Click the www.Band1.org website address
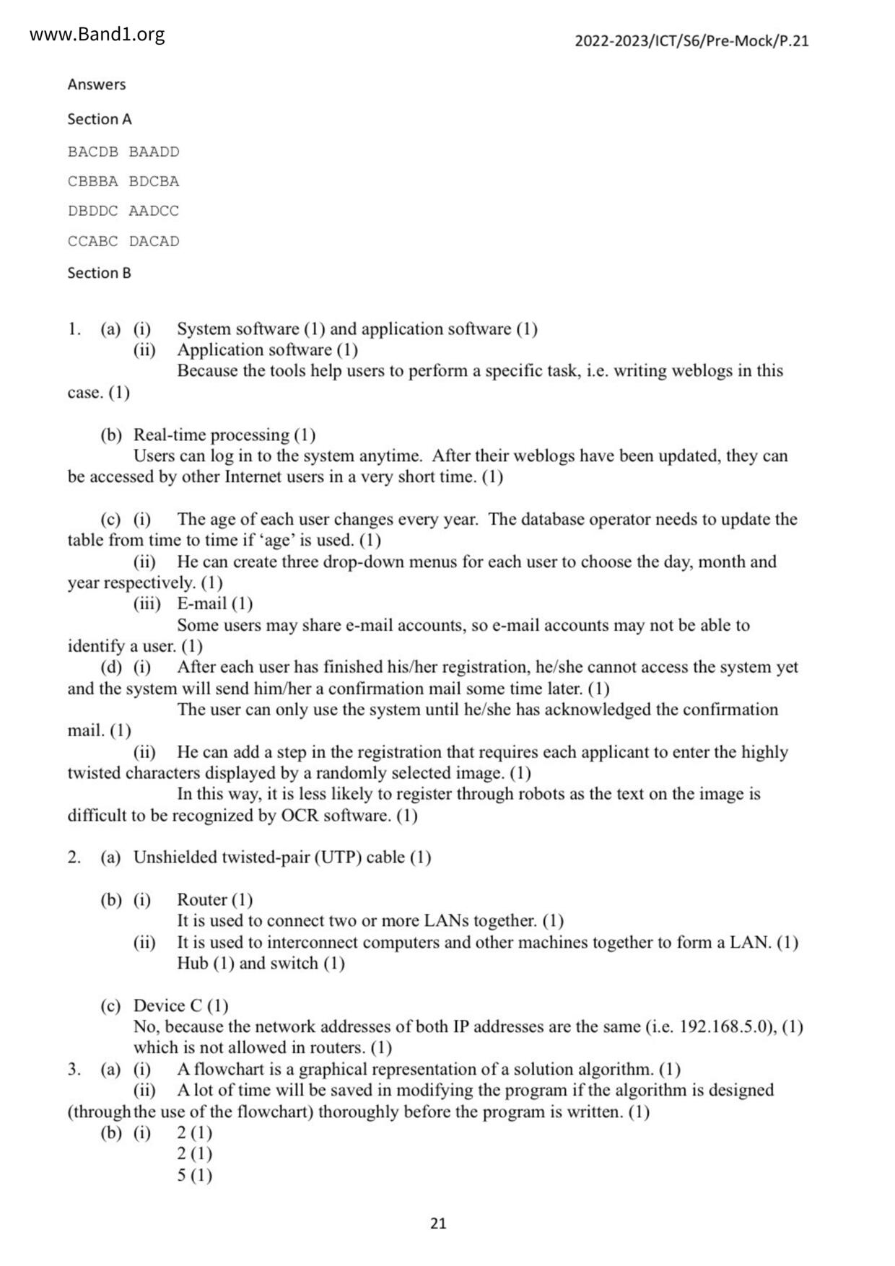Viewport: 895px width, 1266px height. pos(97,35)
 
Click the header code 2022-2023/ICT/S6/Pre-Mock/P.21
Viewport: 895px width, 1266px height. pos(691,41)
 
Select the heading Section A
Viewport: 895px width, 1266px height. pos(100,119)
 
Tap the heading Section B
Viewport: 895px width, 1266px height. pos(99,273)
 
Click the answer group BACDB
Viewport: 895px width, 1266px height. pos(92,152)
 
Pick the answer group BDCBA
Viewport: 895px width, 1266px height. pos(154,181)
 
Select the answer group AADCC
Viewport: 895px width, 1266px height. pos(154,211)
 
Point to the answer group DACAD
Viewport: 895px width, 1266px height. pos(154,241)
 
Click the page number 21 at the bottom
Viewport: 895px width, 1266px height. pos(438,1223)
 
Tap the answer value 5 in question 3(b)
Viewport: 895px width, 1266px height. pos(182,1175)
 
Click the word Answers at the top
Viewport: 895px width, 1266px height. pos(97,84)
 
